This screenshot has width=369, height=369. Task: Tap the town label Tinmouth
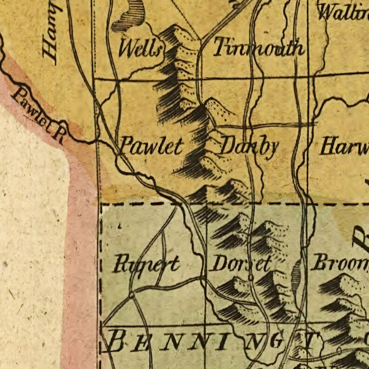pos(259,48)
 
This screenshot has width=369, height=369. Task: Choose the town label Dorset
pos(241,264)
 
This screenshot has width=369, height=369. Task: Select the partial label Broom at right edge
pos(339,263)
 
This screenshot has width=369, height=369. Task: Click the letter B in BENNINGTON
pos(116,343)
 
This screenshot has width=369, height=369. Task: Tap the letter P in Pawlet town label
pos(125,146)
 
